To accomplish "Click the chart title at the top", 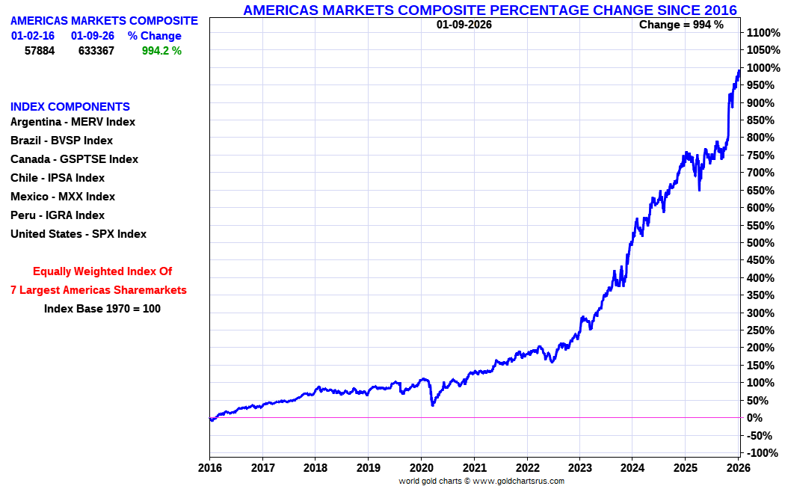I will click(490, 10).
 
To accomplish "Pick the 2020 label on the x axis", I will click(421, 468).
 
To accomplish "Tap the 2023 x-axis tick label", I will click(579, 468).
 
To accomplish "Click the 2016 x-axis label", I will click(209, 468).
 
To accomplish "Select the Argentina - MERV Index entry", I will click(73, 122).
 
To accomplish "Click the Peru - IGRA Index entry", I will click(58, 215).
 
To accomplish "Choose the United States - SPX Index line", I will click(78, 234).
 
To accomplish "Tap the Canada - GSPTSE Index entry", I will click(74, 159).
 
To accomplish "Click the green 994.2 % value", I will click(161, 51).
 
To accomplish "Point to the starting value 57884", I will click(40, 51).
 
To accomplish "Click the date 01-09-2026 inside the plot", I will click(464, 24).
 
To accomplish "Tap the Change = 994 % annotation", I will click(681, 24).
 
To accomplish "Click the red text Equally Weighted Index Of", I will click(102, 271).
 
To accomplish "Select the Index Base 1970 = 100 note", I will click(102, 308).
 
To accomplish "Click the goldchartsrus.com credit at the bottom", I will click(481, 481).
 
